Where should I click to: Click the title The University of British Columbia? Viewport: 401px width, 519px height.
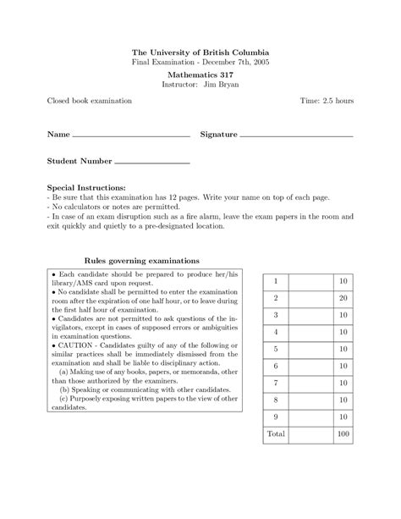(200, 52)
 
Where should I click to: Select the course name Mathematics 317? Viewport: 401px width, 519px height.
(200, 75)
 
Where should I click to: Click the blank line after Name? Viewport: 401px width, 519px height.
(131, 135)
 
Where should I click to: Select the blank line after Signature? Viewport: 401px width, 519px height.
(296, 135)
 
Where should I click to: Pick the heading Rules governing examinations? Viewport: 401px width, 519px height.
(142, 261)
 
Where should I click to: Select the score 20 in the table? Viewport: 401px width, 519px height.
(343, 297)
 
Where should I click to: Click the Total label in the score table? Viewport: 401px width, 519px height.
(276, 433)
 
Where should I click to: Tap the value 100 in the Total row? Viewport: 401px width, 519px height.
(342, 433)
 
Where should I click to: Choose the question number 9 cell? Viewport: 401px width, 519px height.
(276, 416)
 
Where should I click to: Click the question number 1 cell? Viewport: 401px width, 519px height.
(276, 280)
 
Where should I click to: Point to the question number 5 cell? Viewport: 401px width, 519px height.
(276, 348)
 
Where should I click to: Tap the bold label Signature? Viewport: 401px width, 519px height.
(219, 135)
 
